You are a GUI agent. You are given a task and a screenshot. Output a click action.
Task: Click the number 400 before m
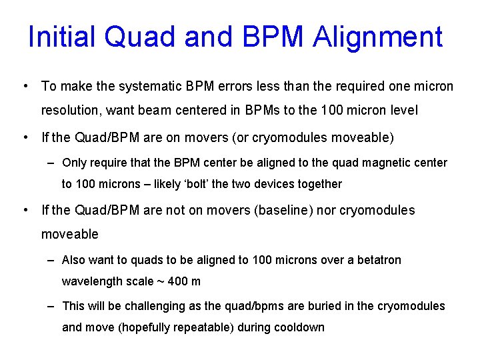177,281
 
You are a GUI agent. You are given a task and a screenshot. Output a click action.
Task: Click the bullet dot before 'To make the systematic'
25,87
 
